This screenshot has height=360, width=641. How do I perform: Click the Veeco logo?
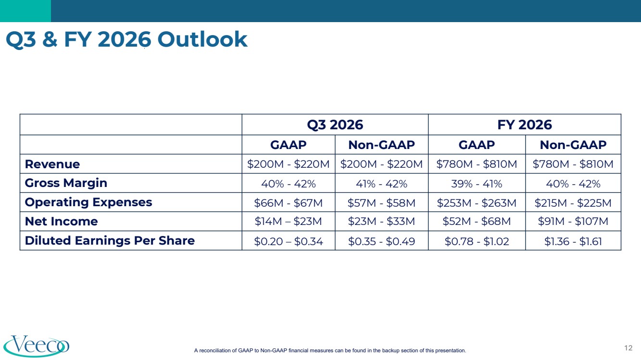click(x=37, y=346)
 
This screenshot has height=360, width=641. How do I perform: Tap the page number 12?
click(x=628, y=348)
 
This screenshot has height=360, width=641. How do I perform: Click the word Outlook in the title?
click(x=202, y=39)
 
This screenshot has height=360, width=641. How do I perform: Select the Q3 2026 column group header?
click(x=335, y=124)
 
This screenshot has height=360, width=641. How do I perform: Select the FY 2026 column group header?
click(x=525, y=124)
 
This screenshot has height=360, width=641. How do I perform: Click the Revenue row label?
click(x=52, y=164)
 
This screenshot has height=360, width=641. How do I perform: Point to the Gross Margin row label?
click(x=66, y=183)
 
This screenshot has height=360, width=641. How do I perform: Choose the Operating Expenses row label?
click(x=88, y=202)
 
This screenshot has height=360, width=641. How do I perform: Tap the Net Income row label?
click(x=61, y=221)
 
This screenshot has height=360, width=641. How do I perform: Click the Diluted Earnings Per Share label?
click(x=110, y=240)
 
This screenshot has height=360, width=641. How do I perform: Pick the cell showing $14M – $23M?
click(x=289, y=221)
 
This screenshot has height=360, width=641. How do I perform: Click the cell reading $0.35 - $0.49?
click(x=381, y=241)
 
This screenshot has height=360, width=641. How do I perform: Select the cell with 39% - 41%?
click(x=477, y=184)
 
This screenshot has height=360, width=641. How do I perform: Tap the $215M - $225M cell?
click(x=573, y=203)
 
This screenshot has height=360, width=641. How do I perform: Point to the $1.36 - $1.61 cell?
click(x=573, y=241)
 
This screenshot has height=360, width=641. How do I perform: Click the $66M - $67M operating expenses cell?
click(x=289, y=203)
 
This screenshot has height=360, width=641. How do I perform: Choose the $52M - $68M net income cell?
click(x=477, y=221)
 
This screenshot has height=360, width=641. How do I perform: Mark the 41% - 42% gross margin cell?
click(x=381, y=184)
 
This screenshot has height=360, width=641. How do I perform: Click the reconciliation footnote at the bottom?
click(x=330, y=350)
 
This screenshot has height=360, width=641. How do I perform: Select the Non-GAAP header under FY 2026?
click(x=573, y=145)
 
